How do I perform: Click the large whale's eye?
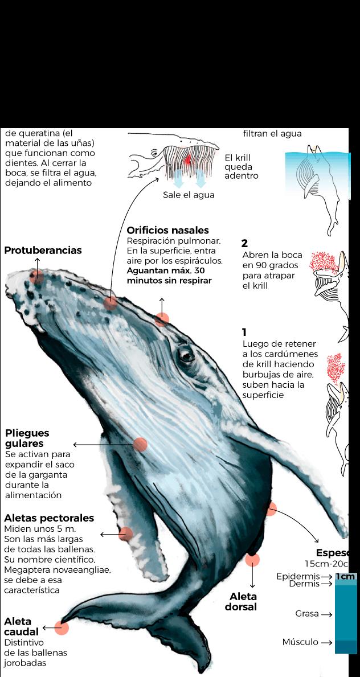click(186, 355)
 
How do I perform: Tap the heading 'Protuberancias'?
click(43, 251)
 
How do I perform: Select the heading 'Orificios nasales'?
click(167, 231)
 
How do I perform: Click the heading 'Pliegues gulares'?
click(27, 438)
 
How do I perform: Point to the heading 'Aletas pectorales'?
click(49, 518)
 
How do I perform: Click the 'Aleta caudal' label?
click(21, 626)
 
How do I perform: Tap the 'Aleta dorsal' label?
click(243, 602)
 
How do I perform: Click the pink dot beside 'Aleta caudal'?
click(62, 628)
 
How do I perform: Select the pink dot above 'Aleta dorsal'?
click(252, 560)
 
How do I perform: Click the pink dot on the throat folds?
click(140, 445)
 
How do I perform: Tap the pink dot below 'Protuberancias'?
click(37, 277)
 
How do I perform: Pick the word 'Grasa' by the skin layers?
click(306, 614)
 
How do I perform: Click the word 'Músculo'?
click(300, 642)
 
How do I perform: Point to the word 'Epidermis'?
click(298, 577)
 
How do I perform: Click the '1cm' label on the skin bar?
click(345, 577)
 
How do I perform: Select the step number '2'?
click(245, 244)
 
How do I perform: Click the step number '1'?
click(244, 333)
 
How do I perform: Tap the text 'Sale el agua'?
click(189, 195)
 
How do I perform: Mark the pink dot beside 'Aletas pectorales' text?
click(126, 534)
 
